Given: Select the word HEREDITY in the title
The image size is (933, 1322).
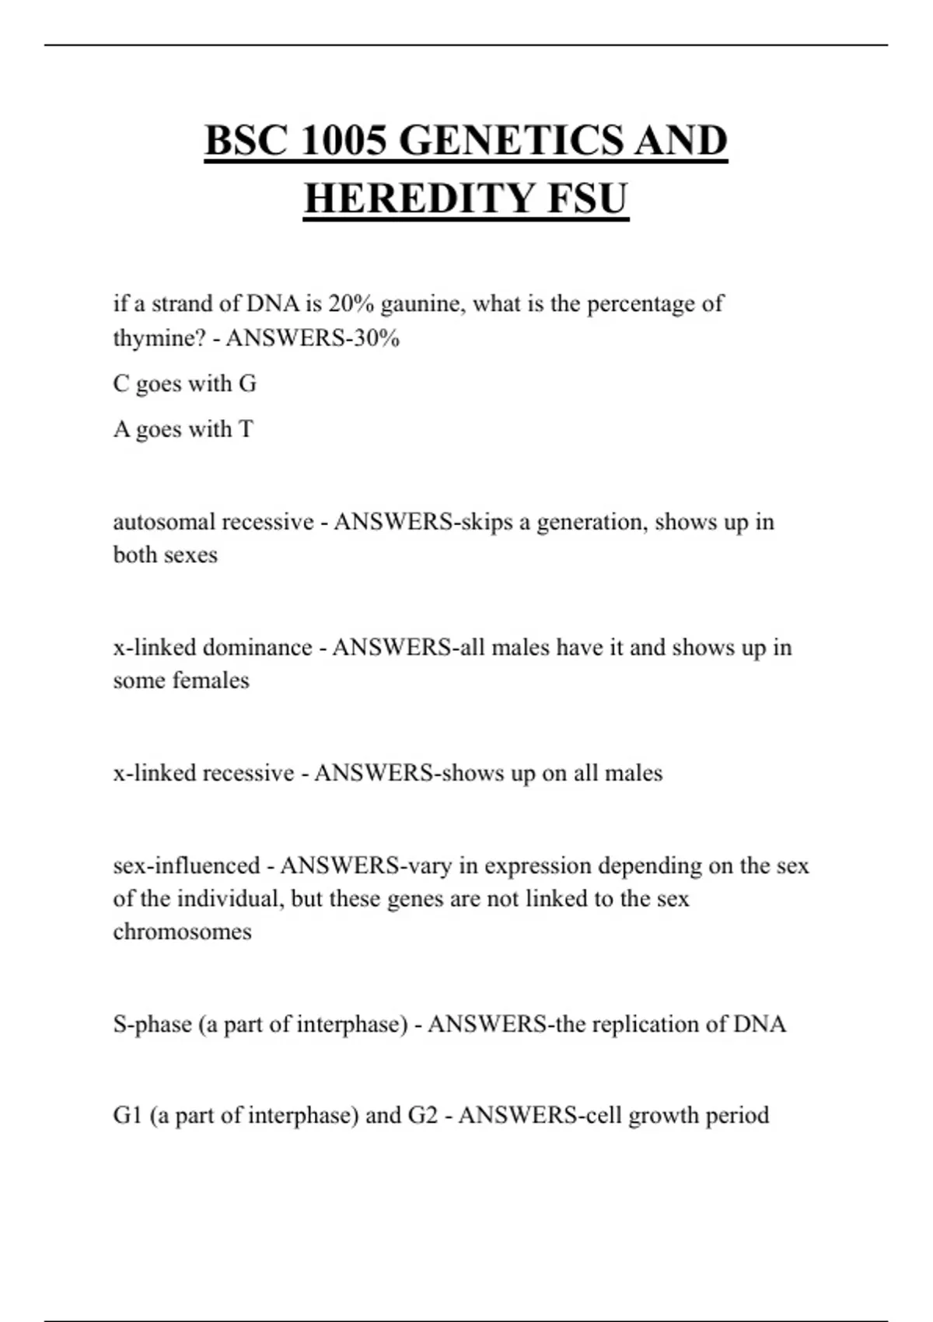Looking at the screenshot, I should (x=419, y=198).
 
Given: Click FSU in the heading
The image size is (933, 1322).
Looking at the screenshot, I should (x=587, y=198).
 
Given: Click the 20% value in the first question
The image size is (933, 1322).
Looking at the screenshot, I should (x=351, y=303).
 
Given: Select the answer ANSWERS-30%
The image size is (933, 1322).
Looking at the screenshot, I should (x=313, y=338).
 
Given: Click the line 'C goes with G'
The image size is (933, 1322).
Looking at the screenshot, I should (x=184, y=383).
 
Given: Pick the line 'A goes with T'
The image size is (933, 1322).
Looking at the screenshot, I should (x=183, y=428).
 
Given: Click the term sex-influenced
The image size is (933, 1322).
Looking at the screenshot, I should (x=187, y=866).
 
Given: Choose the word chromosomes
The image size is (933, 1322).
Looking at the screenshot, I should (x=182, y=932).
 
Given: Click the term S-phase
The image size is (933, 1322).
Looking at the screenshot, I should (x=152, y=1024).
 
